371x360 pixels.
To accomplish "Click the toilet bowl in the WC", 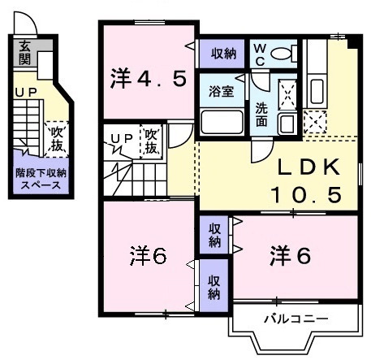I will click(281, 54).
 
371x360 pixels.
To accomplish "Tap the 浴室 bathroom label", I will click(222, 91).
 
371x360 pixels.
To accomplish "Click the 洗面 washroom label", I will click(263, 115).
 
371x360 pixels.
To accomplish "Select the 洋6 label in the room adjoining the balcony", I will click(290, 255).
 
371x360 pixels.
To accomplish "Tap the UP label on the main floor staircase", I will click(121, 139).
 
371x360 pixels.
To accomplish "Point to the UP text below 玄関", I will click(24, 92).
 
